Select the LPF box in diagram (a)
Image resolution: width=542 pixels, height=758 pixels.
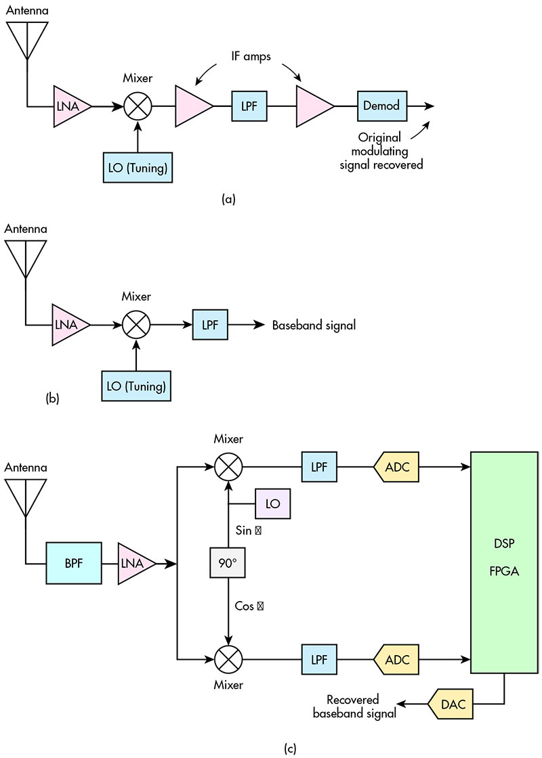point(249,106)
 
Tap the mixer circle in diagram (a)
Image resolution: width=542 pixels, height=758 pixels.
point(138,106)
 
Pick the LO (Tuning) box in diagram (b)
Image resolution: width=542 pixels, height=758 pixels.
point(136,386)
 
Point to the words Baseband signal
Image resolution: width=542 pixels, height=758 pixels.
point(314,326)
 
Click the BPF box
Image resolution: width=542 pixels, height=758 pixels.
point(73,563)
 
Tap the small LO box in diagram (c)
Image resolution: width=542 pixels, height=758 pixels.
point(272,504)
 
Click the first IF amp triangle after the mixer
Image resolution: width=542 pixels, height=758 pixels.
point(192,106)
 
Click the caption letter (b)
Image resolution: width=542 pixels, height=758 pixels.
point(52,399)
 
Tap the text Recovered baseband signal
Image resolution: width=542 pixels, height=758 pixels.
point(352,705)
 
